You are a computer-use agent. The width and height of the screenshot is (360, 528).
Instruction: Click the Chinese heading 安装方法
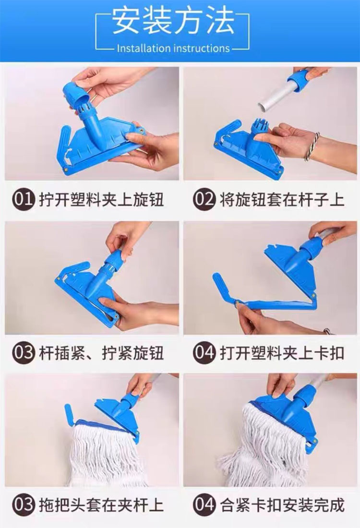pos(173,21)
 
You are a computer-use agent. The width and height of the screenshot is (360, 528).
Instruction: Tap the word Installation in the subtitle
pos(144,48)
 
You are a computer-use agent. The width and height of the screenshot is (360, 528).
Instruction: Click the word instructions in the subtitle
pos(202,48)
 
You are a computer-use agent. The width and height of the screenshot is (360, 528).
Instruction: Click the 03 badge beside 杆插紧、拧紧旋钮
pos(24,353)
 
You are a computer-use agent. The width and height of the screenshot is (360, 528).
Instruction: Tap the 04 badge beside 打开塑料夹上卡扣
pos(204,353)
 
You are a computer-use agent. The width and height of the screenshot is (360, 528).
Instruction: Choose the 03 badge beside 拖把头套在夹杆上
pos(24,505)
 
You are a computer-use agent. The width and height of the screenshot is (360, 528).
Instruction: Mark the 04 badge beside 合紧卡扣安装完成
pos(204,505)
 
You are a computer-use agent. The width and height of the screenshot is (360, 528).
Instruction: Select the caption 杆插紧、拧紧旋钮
pos(101,353)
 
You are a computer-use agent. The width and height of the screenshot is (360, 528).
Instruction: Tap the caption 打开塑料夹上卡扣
pos(282,353)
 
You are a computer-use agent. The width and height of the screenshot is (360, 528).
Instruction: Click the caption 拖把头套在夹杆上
pos(101,505)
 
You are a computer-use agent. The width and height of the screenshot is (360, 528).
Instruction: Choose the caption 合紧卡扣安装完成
pos(282,505)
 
